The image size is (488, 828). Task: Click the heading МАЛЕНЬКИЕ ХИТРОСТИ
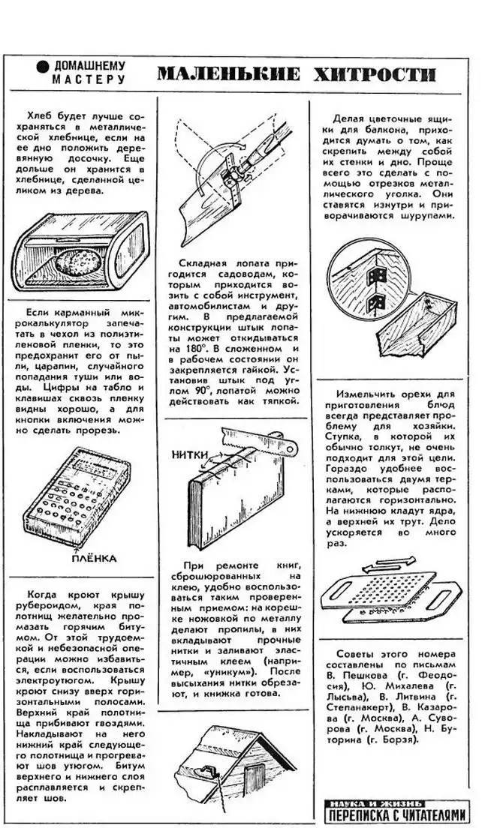pos(296,73)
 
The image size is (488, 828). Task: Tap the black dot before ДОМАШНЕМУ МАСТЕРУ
pos(43,67)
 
